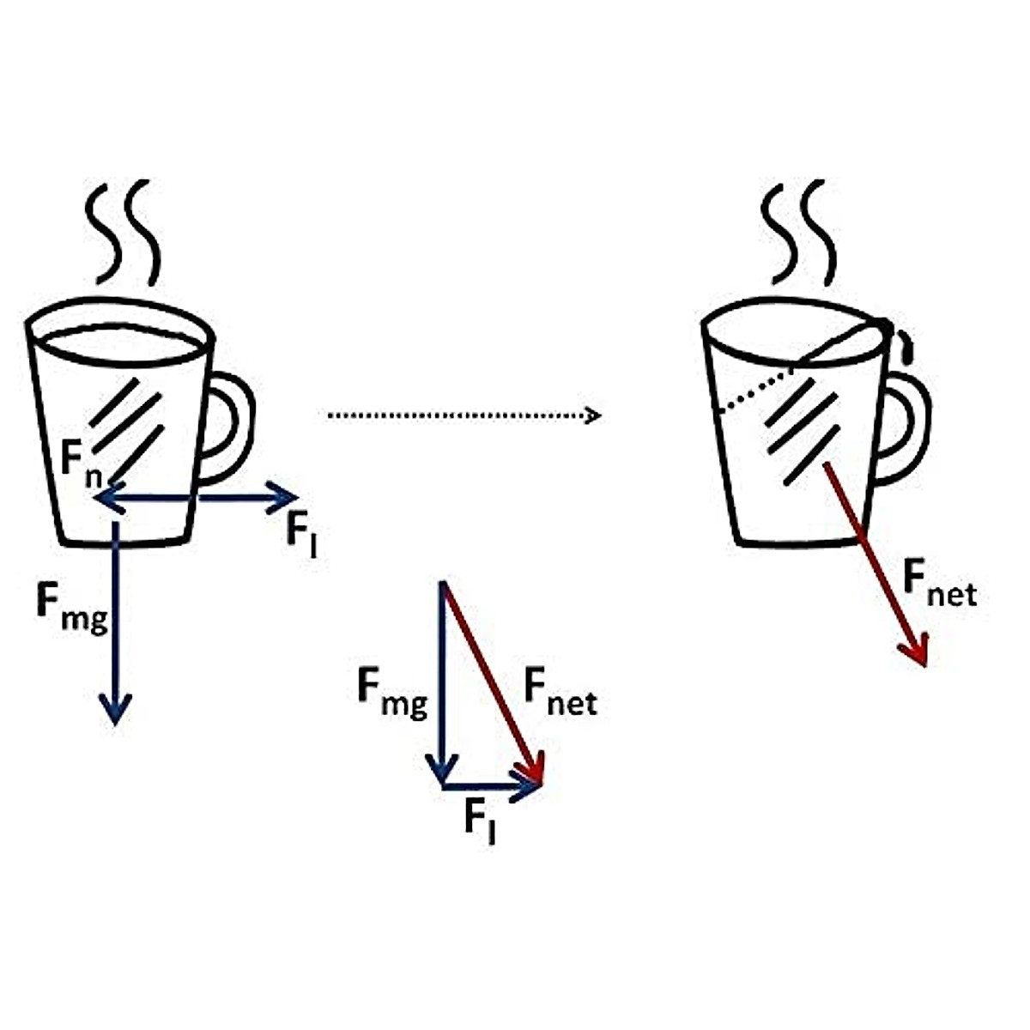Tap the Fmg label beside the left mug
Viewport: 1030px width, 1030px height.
click(x=72, y=605)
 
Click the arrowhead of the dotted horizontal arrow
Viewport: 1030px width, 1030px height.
click(x=592, y=415)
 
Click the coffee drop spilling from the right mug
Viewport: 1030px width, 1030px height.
click(x=907, y=348)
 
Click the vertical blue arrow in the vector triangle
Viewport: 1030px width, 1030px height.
click(x=443, y=678)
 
